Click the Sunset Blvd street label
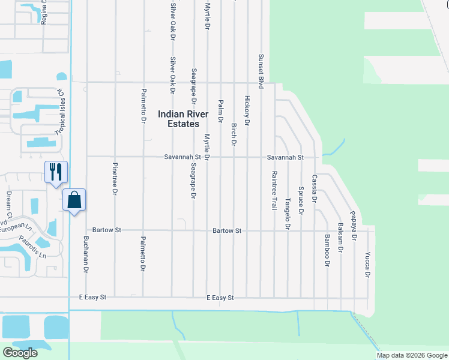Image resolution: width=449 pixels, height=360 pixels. click(261, 71)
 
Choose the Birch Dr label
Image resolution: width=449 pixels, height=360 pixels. click(234, 134)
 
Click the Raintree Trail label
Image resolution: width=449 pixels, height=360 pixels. click(274, 190)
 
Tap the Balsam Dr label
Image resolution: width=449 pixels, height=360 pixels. click(340, 238)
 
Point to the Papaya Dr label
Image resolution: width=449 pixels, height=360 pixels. click(354, 229)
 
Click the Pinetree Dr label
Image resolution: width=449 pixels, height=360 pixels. click(114, 178)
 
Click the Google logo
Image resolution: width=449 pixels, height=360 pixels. click(20, 353)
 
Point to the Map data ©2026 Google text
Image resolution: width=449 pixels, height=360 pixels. click(411, 355)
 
